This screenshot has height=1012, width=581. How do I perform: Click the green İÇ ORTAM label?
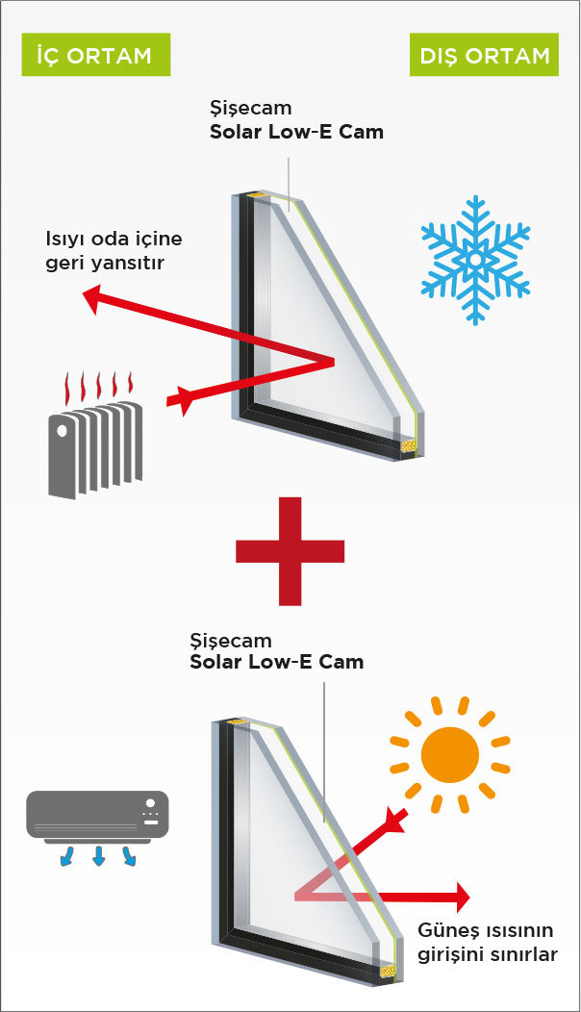pyautogui.click(x=95, y=54)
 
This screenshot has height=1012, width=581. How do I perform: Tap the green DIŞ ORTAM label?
pyautogui.click(x=484, y=54)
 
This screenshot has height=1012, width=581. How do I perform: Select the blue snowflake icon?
pyautogui.click(x=476, y=260)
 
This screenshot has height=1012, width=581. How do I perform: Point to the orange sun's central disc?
pyautogui.click(x=450, y=754)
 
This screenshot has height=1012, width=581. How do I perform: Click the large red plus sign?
pyautogui.click(x=290, y=551)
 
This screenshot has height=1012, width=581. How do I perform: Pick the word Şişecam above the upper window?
pyautogui.click(x=250, y=108)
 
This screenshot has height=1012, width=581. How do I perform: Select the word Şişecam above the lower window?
pyautogui.click(x=231, y=641)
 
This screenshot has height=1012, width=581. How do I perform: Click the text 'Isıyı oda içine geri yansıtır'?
pyautogui.click(x=114, y=250)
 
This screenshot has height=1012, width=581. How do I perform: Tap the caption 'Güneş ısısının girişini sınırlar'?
pyautogui.click(x=488, y=942)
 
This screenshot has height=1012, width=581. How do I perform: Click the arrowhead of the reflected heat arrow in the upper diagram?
pyautogui.click(x=92, y=299)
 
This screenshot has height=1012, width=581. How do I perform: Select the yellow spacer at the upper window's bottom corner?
pyautogui.click(x=407, y=445)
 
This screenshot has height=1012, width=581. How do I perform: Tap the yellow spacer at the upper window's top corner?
pyautogui.click(x=257, y=194)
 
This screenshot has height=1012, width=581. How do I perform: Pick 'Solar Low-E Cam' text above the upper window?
pyautogui.click(x=296, y=132)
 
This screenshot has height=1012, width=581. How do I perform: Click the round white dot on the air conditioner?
pyautogui.click(x=150, y=803)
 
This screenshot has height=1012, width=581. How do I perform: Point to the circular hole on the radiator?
pyautogui.click(x=63, y=431)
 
